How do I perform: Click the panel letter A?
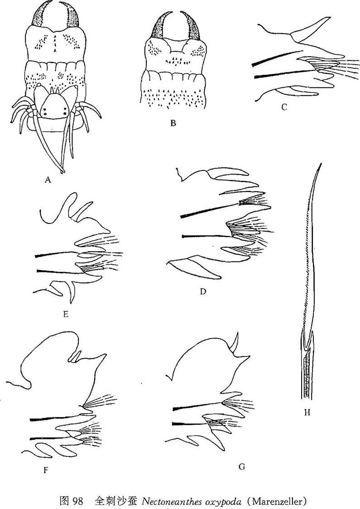tap(48, 179)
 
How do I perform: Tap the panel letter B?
tap(173, 123)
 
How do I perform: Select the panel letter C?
tap(284, 107)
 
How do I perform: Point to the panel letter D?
tap(203, 291)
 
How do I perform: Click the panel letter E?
tap(66, 314)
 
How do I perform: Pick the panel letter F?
tap(46, 470)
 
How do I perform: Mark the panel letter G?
tap(242, 467)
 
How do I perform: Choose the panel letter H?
tap(307, 412)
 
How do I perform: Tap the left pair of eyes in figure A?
tap(45, 114)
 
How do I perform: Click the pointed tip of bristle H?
tap(321, 163)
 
